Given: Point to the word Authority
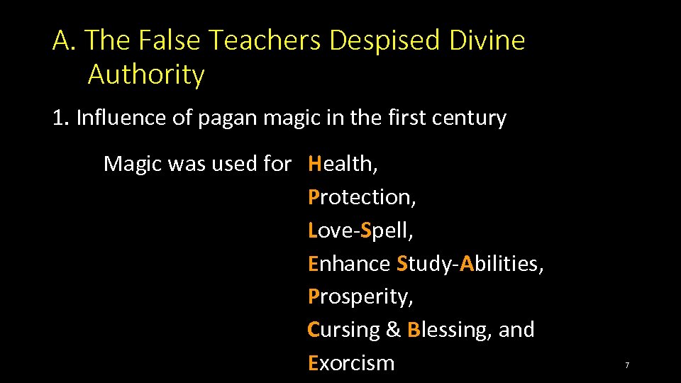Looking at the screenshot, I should point(146,74).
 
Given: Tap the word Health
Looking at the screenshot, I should point(343,164).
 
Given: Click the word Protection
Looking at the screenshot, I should point(362,197).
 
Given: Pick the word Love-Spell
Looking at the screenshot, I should point(360,231).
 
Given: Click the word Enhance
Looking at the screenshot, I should point(349,264).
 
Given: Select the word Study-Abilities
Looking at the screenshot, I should point(470,264).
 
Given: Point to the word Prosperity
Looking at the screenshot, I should point(360,296).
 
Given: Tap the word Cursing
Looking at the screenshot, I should point(344,330).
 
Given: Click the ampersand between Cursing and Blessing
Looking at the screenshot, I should point(394,330).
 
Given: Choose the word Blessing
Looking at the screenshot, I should point(449,330).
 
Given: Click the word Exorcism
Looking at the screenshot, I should point(351,363).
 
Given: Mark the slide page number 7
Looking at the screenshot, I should point(627,365).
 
